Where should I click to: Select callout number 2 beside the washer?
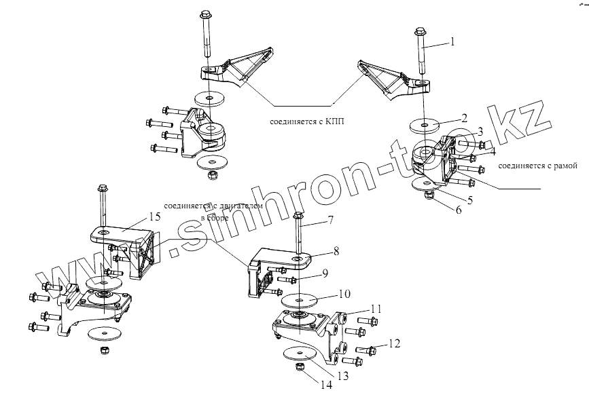point(463,117)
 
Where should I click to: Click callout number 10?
point(344,295)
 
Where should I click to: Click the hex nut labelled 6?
point(429,195)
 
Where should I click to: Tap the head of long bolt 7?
point(298,216)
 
